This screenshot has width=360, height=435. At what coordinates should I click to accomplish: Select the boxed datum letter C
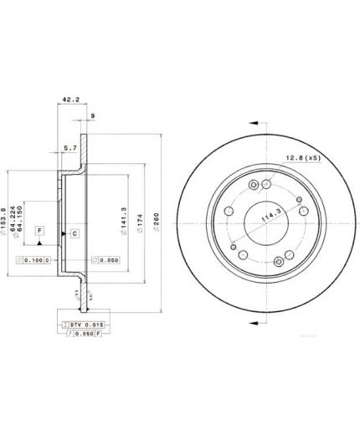click(74, 233)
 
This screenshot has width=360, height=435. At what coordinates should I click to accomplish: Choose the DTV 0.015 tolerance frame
click(80, 323)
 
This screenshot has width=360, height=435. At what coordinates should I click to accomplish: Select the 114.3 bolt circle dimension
click(269, 219)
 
